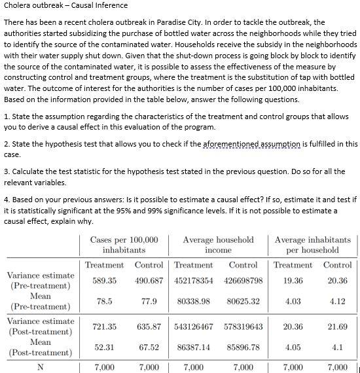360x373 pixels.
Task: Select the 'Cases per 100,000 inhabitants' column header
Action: coord(124,245)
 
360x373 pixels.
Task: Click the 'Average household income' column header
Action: coord(218,245)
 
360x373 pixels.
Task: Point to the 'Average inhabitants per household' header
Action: coord(312,245)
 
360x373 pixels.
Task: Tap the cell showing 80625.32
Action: coord(242,302)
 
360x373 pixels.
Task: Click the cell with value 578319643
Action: coord(242,327)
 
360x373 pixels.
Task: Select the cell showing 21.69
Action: coord(337,327)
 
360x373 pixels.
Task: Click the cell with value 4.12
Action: coord(337,302)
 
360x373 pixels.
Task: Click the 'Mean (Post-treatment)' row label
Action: coord(41,347)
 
